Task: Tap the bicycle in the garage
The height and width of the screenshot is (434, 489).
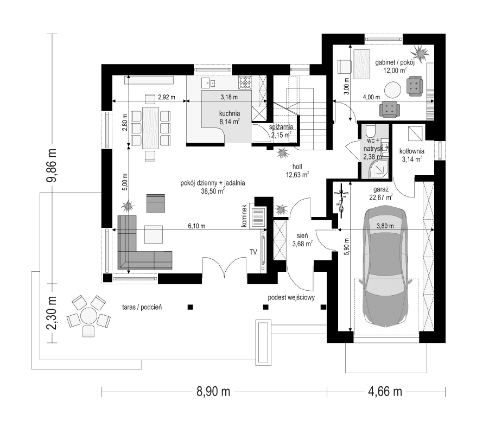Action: [x=342, y=201]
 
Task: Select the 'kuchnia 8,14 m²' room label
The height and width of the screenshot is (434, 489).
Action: [x=229, y=118]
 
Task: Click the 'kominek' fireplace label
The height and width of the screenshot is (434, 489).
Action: [x=244, y=216]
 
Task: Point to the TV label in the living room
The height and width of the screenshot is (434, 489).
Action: [x=253, y=252]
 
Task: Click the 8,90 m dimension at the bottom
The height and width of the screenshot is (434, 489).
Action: [x=213, y=391]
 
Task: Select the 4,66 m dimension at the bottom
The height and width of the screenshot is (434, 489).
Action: [x=385, y=391]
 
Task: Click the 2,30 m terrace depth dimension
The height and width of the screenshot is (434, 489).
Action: [x=52, y=312]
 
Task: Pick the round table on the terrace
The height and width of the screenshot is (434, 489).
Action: [x=88, y=316]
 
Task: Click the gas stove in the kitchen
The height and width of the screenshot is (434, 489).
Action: [x=245, y=82]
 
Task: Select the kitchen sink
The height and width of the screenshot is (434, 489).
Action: [x=208, y=83]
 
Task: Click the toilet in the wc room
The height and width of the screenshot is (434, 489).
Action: [x=371, y=130]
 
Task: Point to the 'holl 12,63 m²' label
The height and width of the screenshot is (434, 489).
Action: [x=297, y=170]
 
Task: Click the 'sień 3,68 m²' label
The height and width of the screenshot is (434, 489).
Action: [x=302, y=240]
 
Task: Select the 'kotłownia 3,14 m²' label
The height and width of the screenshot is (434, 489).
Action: [x=411, y=155]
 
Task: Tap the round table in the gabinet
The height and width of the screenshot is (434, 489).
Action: [x=392, y=90]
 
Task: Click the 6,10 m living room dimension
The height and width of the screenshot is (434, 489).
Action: [x=196, y=226]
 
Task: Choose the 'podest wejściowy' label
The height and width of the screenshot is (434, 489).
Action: [x=291, y=297]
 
